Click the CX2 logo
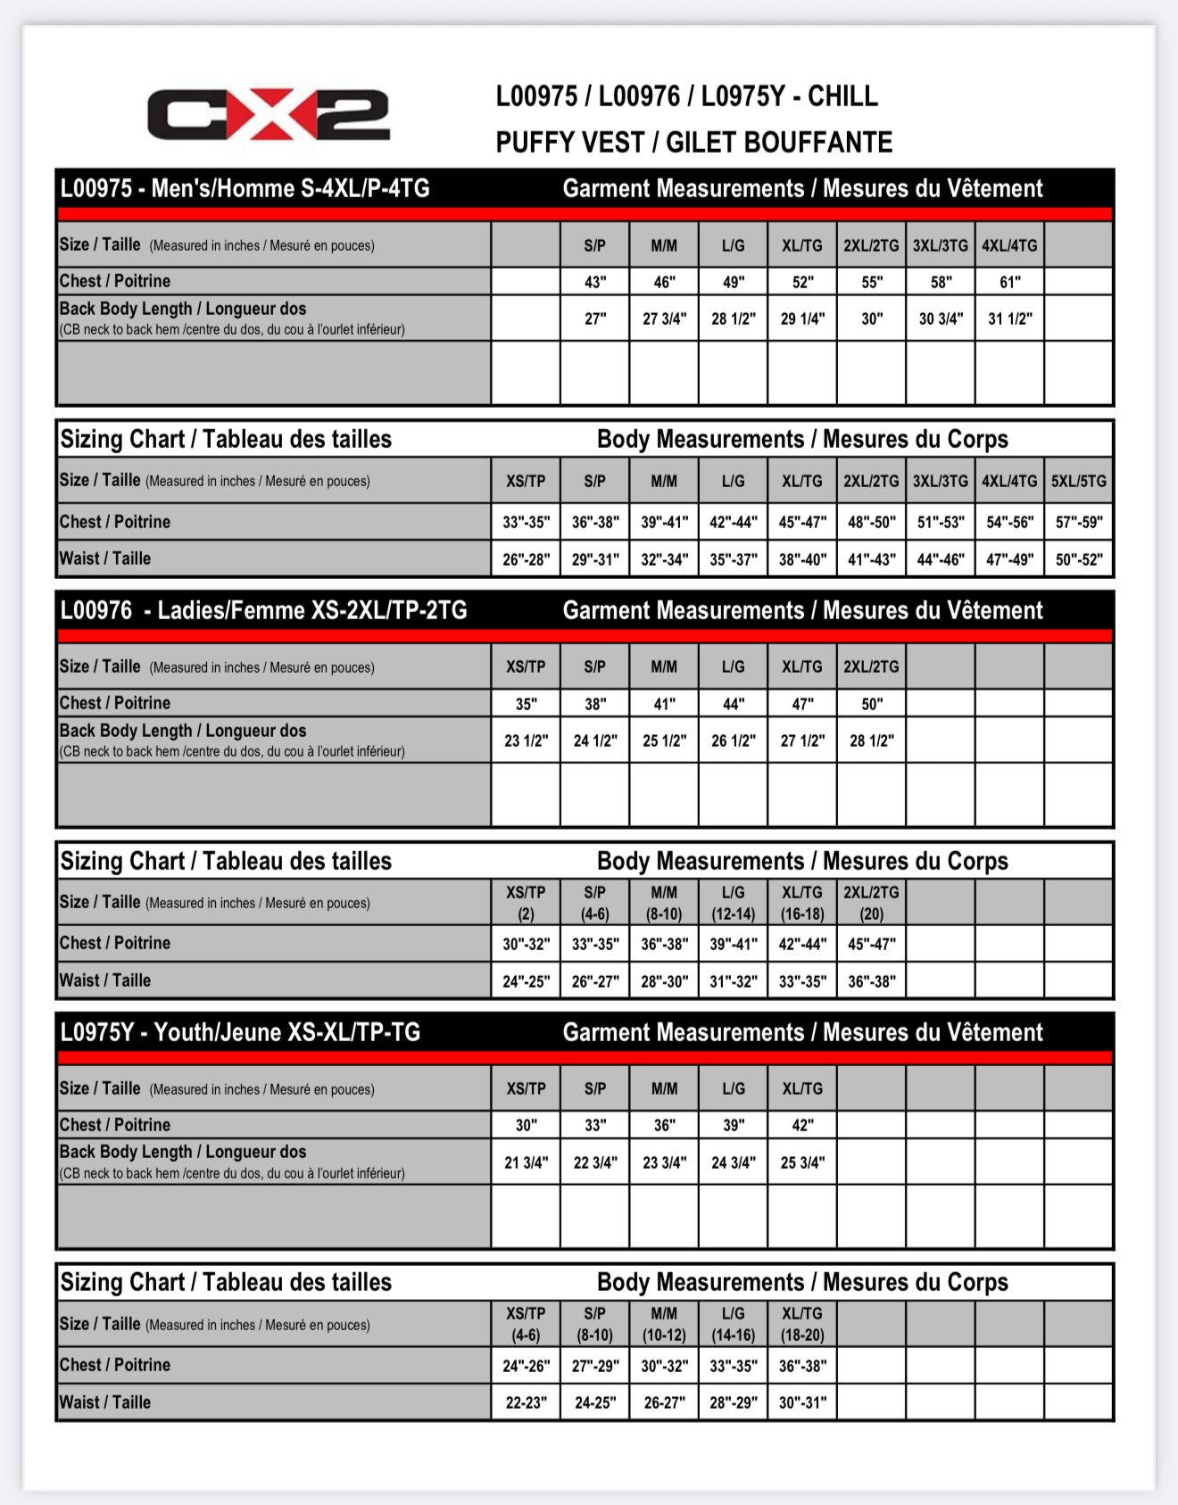pyautogui.click(x=268, y=115)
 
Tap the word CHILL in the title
pyautogui.click(x=842, y=96)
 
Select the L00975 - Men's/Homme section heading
pyautogui.click(x=245, y=188)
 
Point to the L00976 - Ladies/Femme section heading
pyautogui.click(x=263, y=610)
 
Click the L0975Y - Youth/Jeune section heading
pyautogui.click(x=240, y=1032)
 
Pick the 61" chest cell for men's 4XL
pyautogui.click(x=1009, y=282)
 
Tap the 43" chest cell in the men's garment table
pyautogui.click(x=595, y=282)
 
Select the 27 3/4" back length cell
pyautogui.click(x=664, y=318)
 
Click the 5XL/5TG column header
pyautogui.click(x=1078, y=481)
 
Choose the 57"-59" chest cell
pyautogui.click(x=1078, y=522)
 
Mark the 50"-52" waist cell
pyautogui.click(x=1078, y=559)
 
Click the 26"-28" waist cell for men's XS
pyautogui.click(x=526, y=559)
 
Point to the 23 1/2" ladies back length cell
pyautogui.click(x=526, y=740)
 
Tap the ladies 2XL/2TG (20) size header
pyautogui.click(x=871, y=902)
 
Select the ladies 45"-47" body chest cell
pyautogui.click(x=871, y=944)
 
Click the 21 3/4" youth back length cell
pyautogui.click(x=526, y=1162)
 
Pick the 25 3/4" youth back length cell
pyautogui.click(x=801, y=1162)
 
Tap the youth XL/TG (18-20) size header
pyautogui.click(x=801, y=1324)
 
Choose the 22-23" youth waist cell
pyautogui.click(x=526, y=1402)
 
